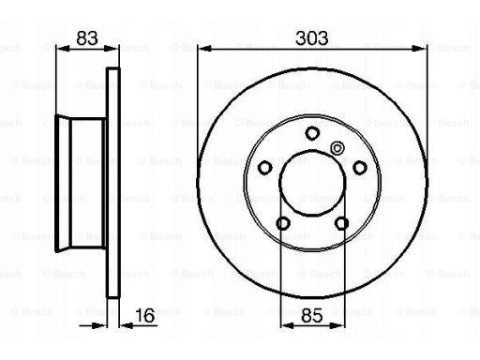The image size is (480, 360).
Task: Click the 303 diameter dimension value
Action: tap(312, 38)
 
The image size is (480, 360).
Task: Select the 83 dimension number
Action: tap(87, 38)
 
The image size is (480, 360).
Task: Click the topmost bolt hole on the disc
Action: tap(312, 132)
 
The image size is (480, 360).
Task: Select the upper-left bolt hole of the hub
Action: tap(265, 167)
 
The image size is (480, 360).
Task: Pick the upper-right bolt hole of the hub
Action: tap(359, 167)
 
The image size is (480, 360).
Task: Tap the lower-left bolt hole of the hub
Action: tap(283, 222)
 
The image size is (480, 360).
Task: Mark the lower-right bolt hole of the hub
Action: tap(341, 222)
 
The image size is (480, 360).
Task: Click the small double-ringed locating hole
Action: tap(337, 146)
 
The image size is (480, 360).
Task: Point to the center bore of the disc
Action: tap(312, 182)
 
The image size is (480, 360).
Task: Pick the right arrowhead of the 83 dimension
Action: tap(115, 50)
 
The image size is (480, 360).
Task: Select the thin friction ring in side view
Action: tap(114, 182)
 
